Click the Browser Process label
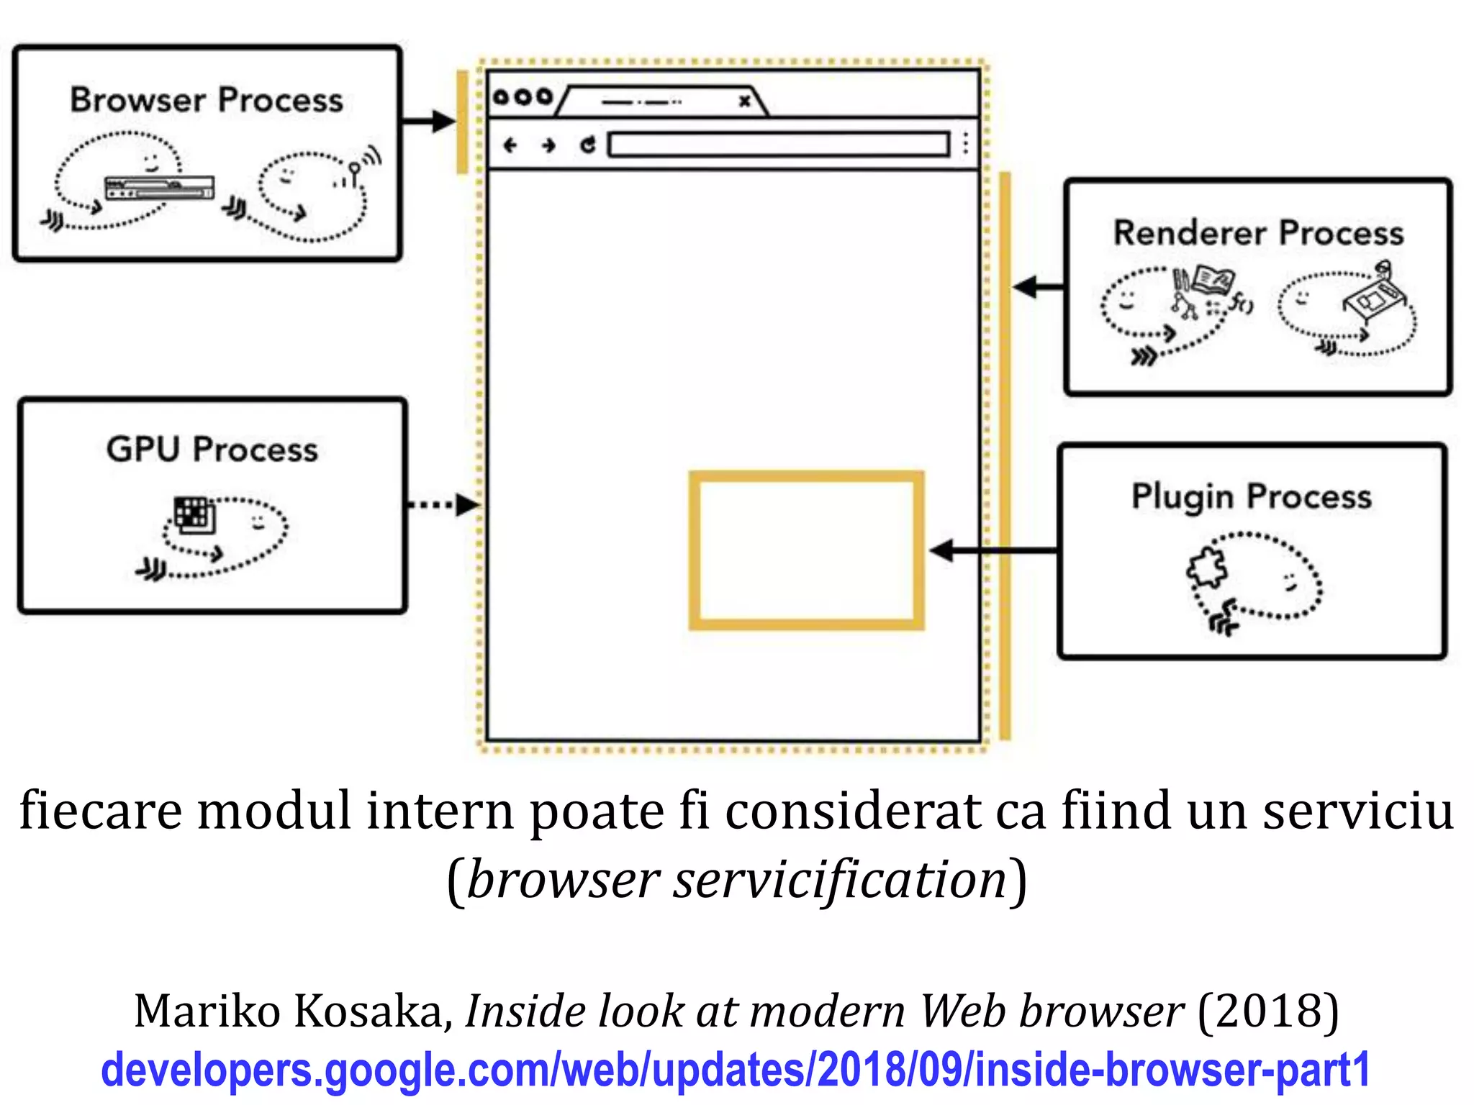click(x=207, y=100)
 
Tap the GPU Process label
click(x=212, y=450)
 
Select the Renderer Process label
click(x=1258, y=233)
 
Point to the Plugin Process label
click(x=1251, y=496)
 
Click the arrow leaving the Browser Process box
click(x=428, y=121)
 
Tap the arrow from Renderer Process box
click(x=1039, y=287)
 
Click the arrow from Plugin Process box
click(x=993, y=551)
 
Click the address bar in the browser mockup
click(x=779, y=145)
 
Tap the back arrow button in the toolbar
click(x=510, y=145)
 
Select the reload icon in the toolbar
click(x=588, y=145)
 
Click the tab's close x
click(x=745, y=101)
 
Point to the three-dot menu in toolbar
click(x=965, y=144)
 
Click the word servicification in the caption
click(x=839, y=880)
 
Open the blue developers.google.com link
click(x=736, y=1069)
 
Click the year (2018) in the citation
click(x=1267, y=1011)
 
